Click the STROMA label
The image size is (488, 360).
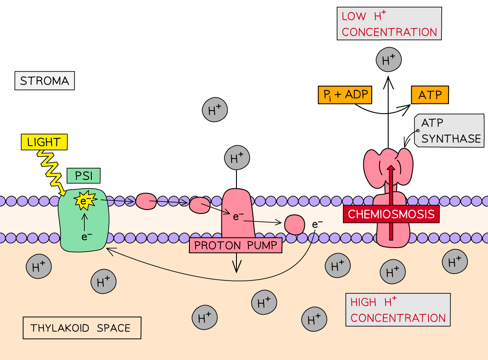click(x=45, y=81)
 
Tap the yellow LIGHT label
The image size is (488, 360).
click(x=44, y=142)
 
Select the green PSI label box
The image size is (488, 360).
click(x=84, y=176)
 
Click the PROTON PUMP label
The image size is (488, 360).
click(x=236, y=245)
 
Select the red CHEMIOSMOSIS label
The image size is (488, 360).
click(x=391, y=214)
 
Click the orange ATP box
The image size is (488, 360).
click(x=430, y=95)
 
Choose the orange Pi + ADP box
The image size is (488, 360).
click(x=345, y=95)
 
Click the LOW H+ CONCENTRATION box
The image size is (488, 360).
click(x=389, y=24)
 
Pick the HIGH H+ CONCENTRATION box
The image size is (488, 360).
click(x=398, y=310)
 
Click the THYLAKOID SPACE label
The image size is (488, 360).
click(x=82, y=328)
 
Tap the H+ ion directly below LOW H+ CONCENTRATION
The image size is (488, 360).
click(x=389, y=60)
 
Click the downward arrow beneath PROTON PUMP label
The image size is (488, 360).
click(x=237, y=264)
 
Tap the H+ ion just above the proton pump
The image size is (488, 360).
click(x=237, y=157)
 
